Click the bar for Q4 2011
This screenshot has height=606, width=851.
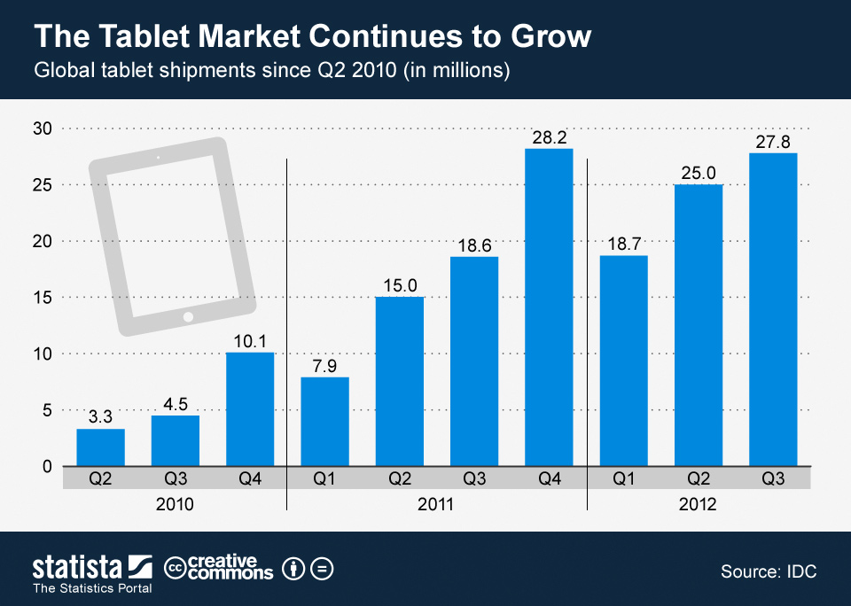(549, 307)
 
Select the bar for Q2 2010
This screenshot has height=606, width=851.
(100, 447)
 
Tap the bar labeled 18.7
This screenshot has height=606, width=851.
(624, 360)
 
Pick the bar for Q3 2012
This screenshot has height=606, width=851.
(773, 308)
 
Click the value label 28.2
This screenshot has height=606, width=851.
(549, 138)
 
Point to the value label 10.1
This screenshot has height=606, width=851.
(250, 342)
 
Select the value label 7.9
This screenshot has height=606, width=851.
(324, 367)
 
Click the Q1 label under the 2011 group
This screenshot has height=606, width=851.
(324, 478)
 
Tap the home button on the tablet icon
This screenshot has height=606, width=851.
(188, 316)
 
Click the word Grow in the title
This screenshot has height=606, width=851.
(546, 36)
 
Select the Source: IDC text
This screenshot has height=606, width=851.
(769, 572)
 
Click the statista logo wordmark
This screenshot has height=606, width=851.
(77, 566)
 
